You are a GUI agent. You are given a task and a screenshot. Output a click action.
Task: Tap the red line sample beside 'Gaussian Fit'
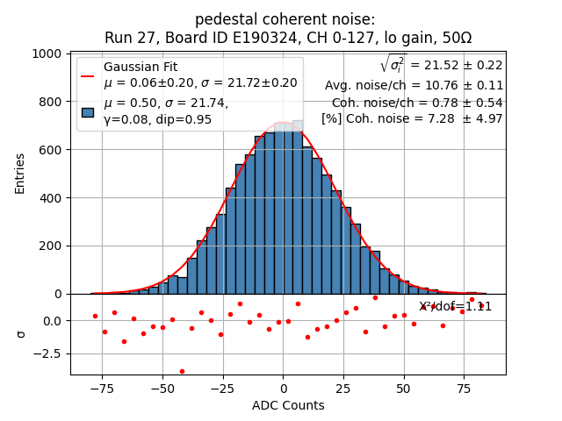[87, 75]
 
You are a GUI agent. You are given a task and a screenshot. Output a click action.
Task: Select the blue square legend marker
[87, 111]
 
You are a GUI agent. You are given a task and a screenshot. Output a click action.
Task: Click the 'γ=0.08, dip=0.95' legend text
[157, 119]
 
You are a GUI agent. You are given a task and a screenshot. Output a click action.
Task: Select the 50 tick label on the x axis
[403, 386]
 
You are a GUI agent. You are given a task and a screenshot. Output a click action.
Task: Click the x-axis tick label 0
[283, 386]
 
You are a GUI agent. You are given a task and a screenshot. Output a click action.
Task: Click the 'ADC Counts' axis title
[288, 405]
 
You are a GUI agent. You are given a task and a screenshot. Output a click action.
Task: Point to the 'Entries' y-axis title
[20, 174]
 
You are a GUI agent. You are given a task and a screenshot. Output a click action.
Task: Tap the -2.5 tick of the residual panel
[46, 354]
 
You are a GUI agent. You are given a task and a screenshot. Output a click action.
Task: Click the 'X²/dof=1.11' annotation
[455, 306]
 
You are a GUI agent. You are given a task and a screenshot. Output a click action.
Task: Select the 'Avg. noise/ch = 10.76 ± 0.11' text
[414, 85]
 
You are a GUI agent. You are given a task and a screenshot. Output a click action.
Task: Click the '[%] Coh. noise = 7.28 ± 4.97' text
[412, 118]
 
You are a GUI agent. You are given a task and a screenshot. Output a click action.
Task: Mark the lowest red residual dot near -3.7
[182, 371]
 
